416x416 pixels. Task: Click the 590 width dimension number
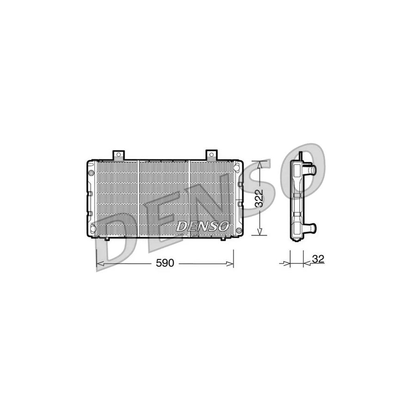tap(165, 263)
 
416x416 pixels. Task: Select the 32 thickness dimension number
tap(317, 260)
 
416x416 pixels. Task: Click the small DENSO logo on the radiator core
tap(202, 226)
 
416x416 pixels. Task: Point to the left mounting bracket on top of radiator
tap(119, 154)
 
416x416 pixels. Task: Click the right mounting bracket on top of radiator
tap(211, 154)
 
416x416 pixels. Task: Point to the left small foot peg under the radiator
tap(107, 239)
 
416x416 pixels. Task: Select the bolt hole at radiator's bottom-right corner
tap(239, 231)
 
